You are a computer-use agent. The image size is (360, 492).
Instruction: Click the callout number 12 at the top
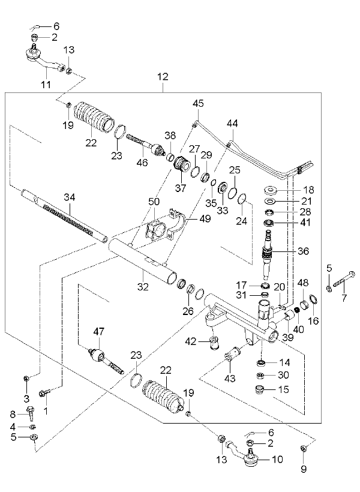163,77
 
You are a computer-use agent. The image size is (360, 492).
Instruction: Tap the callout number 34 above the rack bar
70,197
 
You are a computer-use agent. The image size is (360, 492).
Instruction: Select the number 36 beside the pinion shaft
303,251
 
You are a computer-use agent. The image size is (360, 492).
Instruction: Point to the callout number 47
98,331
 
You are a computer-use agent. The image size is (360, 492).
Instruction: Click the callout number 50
154,202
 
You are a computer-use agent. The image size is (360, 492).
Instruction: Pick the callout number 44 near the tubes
233,123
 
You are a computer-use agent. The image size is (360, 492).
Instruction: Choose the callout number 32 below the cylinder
143,287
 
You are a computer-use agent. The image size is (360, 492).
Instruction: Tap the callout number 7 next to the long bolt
344,298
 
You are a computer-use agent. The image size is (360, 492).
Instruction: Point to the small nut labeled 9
303,448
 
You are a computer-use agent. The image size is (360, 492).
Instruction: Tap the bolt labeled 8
32,413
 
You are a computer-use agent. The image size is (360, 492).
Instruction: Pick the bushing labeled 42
214,343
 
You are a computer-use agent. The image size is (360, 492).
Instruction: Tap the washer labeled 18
270,190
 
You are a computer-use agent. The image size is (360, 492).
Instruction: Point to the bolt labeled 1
44,392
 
